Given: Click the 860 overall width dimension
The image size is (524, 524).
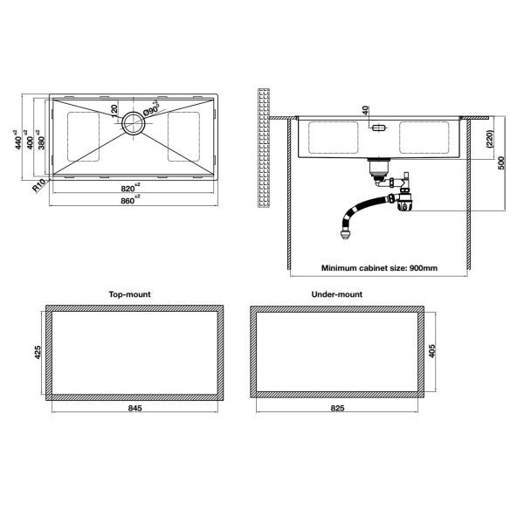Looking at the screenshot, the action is (x=130, y=200).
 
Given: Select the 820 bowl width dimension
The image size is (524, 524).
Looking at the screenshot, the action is (x=130, y=188).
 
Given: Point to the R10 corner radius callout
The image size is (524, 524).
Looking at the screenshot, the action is (x=38, y=185).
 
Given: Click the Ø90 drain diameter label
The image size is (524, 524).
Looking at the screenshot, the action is (x=151, y=109).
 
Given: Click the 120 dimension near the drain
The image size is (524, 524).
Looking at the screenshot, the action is (x=114, y=111).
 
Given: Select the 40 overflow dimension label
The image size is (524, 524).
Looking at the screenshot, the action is (x=365, y=110).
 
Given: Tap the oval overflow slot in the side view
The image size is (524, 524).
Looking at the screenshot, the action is (x=379, y=128).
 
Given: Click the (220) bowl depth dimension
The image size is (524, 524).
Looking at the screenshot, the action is (x=490, y=139).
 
